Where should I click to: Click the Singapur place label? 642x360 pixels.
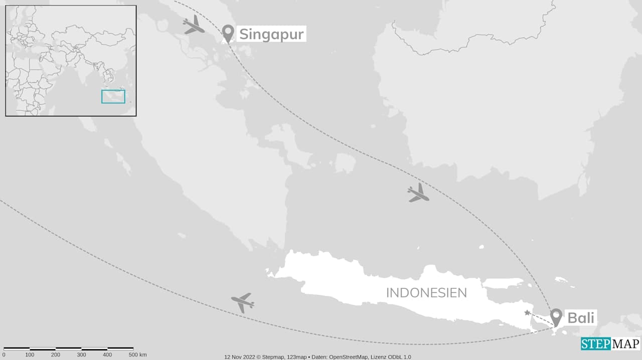point(271,34)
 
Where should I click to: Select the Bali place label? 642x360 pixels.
point(581,317)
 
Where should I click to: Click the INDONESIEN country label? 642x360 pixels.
point(426,293)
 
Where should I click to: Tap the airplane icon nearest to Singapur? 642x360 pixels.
point(194,25)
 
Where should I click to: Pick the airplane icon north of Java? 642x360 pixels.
point(418,193)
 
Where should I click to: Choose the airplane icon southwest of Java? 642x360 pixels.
point(243,302)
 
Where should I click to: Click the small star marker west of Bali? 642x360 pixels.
point(527,313)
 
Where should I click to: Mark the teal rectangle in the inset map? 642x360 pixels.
point(113,96)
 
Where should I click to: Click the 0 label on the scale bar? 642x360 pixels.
point(4,355)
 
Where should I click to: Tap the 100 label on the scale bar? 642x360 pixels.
point(30,355)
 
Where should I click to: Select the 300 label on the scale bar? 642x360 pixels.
point(81,355)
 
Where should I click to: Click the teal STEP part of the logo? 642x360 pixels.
point(596,344)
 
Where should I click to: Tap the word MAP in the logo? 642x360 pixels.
point(625,344)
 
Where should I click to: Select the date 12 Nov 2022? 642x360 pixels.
point(240,357)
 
